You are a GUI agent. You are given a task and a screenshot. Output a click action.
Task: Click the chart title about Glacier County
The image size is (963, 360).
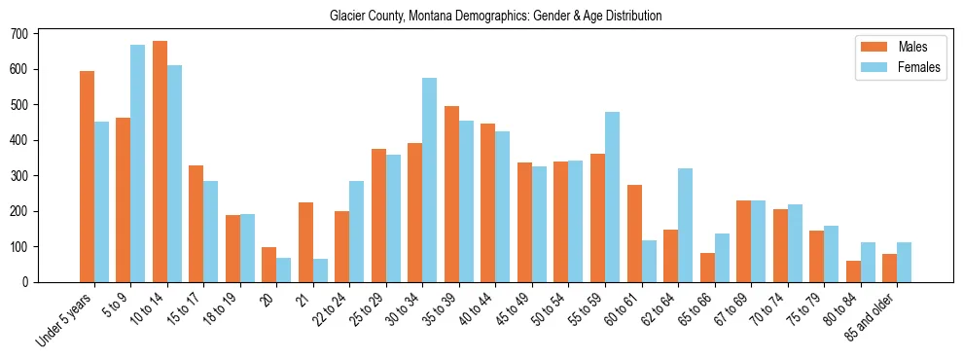click(495, 17)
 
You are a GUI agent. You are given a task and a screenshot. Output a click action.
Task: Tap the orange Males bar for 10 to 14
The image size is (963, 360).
click(160, 162)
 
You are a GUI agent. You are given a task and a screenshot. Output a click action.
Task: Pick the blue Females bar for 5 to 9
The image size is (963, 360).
click(138, 163)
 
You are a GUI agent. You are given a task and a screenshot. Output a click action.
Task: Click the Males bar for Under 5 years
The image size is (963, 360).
click(87, 176)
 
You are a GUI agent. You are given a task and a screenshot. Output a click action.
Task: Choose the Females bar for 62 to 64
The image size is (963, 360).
click(685, 225)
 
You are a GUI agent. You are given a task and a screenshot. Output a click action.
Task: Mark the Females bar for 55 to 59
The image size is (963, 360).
click(612, 198)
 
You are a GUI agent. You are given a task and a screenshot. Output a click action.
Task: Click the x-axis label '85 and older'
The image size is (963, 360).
click(875, 310)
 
